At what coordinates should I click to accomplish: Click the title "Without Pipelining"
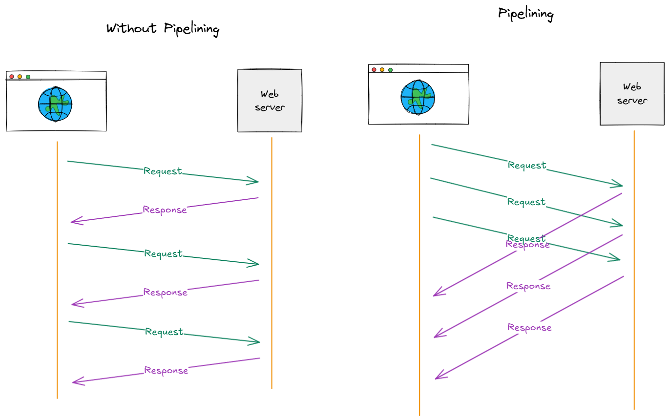coord(163,29)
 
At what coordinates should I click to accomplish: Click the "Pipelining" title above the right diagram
coord(525,13)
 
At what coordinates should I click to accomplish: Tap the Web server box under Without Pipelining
coord(270,101)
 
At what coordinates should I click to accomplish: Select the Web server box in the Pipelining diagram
coord(632,94)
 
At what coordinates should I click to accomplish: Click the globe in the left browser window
coord(55,104)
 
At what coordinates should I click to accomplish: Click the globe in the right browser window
coord(418,97)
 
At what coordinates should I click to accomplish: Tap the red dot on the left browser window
coord(12,77)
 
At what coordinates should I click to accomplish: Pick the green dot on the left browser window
coord(28,77)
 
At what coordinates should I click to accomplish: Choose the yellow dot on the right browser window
coord(382,70)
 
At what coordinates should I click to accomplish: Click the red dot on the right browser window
coord(374,70)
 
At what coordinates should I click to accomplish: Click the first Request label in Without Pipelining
coord(163,171)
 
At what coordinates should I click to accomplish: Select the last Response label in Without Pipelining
coord(166,370)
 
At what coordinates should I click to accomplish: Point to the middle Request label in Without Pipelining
coord(163,253)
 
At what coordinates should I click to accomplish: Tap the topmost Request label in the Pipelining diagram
coord(527,165)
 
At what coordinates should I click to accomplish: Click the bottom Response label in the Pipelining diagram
coord(529,327)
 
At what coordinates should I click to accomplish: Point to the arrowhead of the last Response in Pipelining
coord(437,377)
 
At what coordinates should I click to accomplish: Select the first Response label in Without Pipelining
coord(165,210)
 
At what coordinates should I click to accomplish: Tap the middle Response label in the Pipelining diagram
coord(528,286)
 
